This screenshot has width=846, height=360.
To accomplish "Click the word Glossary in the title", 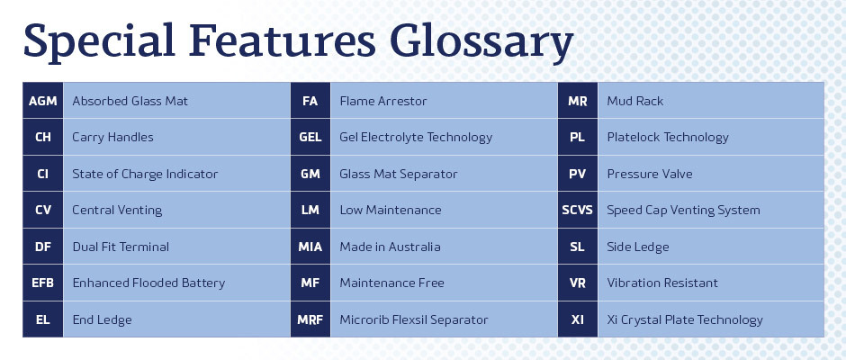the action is [481, 42].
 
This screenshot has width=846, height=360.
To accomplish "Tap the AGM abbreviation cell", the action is [42, 101].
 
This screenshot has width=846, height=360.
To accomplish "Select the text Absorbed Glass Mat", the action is [130, 101].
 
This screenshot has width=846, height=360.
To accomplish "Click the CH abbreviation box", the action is [42, 137].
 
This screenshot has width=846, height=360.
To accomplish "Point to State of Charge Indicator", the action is [145, 174].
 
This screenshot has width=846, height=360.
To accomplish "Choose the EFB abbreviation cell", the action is [42, 283].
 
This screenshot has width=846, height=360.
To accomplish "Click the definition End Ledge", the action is [102, 319].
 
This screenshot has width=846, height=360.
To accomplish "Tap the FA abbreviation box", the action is [310, 101].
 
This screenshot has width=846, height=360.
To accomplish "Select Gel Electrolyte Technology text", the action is [416, 137].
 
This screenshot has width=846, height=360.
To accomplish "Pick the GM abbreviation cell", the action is [310, 174].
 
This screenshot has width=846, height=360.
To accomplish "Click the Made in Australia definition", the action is [390, 247].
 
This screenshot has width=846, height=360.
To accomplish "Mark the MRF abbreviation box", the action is [310, 319].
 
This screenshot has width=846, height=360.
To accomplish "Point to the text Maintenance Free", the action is [391, 283].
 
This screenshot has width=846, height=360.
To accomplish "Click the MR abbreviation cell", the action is [577, 101].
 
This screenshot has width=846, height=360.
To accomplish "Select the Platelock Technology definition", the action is [668, 137].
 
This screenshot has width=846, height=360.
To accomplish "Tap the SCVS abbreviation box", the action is [577, 210].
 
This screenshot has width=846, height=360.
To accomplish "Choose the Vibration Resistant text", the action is [662, 283].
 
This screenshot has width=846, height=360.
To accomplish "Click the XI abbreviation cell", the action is [577, 319].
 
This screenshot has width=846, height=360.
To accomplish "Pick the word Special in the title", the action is [100, 42].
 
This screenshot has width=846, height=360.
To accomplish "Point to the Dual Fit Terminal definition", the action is [121, 247].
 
